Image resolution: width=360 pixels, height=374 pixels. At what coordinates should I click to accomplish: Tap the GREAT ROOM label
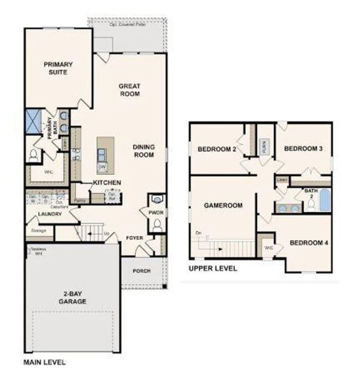click(x=129, y=90)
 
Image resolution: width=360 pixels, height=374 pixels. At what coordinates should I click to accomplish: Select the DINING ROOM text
click(x=143, y=151)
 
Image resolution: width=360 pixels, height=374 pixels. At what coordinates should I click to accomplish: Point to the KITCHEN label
click(x=107, y=183)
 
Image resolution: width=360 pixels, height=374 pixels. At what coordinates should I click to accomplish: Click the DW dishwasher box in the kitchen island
click(x=102, y=166)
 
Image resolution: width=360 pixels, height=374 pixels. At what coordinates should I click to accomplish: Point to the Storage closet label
click(x=39, y=230)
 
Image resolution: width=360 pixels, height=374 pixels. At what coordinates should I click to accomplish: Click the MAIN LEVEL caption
click(x=44, y=362)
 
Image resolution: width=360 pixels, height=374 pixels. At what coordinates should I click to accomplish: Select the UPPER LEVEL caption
click(x=213, y=268)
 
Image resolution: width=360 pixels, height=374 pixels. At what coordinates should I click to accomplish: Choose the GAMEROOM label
click(x=223, y=205)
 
